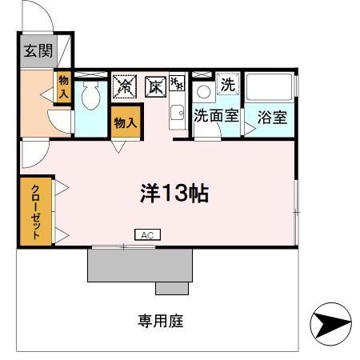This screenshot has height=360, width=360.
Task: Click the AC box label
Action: pos(146,235)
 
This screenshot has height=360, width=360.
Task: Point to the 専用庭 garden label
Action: pos(160,322)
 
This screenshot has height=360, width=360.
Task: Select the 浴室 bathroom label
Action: pos(272,117)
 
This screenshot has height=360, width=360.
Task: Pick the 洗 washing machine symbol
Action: pos(228,83)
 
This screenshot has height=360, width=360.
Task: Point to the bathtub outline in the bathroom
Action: pos(270,89)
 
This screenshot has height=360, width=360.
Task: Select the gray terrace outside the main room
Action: pos(140,265)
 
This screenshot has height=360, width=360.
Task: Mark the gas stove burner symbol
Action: pos(176,82)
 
